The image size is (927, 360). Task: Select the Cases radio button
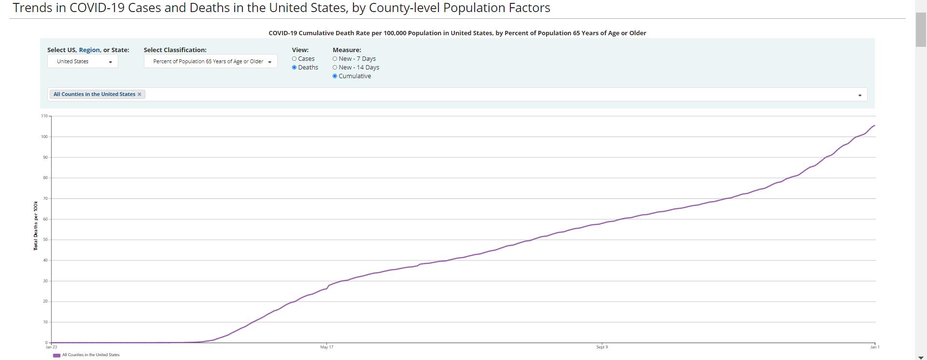pos(294,59)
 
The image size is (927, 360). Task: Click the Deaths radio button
pos(294,68)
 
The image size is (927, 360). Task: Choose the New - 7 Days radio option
pos(335,59)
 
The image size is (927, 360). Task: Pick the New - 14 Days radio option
pos(335,68)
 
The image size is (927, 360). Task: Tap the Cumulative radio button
pos(335,76)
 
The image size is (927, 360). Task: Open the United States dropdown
pos(83,61)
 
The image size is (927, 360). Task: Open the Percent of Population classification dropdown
pos(211,61)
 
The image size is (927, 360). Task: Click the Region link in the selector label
pos(89,50)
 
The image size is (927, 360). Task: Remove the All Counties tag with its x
pos(140,94)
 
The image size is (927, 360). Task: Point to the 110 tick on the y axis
pos(44,116)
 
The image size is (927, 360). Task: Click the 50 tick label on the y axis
pos(45,240)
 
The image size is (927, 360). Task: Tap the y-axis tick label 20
pos(45,302)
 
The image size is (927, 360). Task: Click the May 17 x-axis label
pos(327,347)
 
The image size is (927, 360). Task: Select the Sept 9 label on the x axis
pos(602,347)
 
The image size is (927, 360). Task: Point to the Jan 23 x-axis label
pos(51,347)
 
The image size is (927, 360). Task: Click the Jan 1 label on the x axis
pos(875,347)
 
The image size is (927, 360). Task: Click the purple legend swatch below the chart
pos(56,355)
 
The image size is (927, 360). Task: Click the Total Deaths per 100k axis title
pos(36,226)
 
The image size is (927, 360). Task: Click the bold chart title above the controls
pos(457,33)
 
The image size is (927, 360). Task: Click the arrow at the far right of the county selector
pos(859,95)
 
